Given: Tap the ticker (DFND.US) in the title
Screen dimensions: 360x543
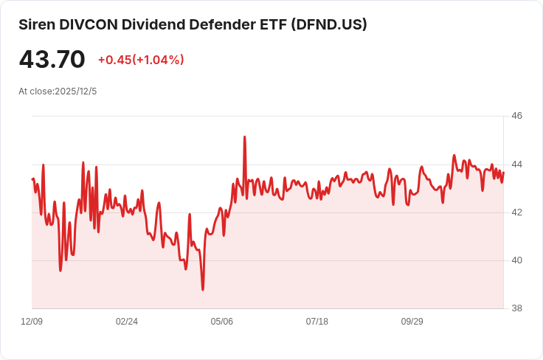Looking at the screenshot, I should pyautogui.click(x=329, y=24).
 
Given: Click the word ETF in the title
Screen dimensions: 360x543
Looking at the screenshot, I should pyautogui.click(x=271, y=24).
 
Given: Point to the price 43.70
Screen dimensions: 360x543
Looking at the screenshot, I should pyautogui.click(x=52, y=60).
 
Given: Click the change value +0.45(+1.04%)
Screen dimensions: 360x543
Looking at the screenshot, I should pyautogui.click(x=141, y=60).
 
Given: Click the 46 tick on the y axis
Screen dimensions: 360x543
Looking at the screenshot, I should pyautogui.click(x=516, y=116).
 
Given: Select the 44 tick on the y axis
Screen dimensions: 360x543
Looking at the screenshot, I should pyautogui.click(x=516, y=164).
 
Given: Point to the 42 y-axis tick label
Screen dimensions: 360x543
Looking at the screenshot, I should pyautogui.click(x=516, y=212).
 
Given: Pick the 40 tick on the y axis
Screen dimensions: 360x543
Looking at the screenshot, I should pyautogui.click(x=516, y=260).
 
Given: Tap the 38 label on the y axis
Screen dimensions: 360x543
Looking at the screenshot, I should pyautogui.click(x=516, y=308).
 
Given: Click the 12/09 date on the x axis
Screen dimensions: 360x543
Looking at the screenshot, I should pyautogui.click(x=32, y=322).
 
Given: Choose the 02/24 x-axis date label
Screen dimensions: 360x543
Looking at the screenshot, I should pyautogui.click(x=127, y=322).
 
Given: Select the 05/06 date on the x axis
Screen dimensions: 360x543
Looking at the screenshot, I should pyautogui.click(x=222, y=322).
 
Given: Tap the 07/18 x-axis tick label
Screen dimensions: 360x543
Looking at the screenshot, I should pyautogui.click(x=317, y=322).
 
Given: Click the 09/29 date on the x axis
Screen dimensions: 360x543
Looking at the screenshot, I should pyautogui.click(x=412, y=322).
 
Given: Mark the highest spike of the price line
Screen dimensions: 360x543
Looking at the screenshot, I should pyautogui.click(x=244, y=137).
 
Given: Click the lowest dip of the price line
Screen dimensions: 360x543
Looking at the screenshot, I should pyautogui.click(x=203, y=289).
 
